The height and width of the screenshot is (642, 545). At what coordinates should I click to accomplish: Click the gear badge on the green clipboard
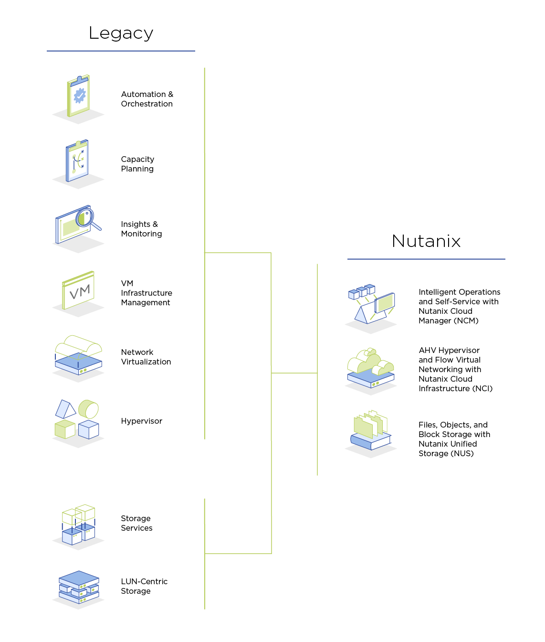click(79, 96)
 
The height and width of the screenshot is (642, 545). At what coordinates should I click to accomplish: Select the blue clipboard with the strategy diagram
click(77, 161)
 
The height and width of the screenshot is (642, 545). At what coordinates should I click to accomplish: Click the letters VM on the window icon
click(79, 291)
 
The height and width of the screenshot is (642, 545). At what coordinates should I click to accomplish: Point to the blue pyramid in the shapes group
click(65, 409)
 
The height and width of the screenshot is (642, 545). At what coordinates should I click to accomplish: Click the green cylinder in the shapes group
click(89, 409)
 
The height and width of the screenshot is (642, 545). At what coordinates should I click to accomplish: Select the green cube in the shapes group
click(64, 429)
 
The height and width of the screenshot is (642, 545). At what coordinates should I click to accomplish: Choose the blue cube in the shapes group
click(89, 429)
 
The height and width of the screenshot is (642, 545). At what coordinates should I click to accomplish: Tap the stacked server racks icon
click(79, 588)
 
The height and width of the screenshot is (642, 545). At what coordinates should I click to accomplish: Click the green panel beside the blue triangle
click(385, 302)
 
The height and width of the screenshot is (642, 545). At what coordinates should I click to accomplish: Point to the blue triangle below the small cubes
click(367, 315)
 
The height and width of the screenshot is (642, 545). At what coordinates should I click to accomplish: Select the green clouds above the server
click(370, 362)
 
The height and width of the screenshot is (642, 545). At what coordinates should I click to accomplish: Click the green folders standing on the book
click(370, 424)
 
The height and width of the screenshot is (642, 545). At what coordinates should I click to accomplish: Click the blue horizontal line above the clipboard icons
click(121, 51)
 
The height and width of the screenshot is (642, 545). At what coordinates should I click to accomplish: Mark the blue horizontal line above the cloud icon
click(426, 259)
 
